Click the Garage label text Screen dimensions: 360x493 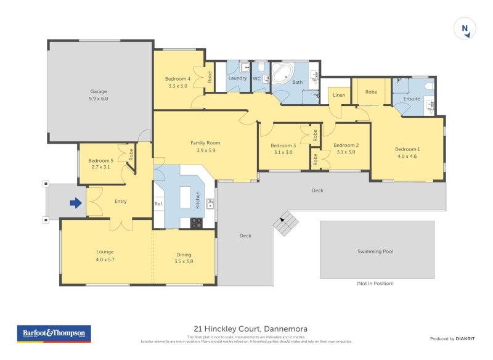pyautogui.click(x=99, y=91)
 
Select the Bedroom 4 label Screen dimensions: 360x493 pyautogui.click(x=177, y=79)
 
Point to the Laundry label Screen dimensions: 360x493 pyautogui.click(x=237, y=78)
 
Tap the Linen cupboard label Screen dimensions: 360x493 pyautogui.click(x=338, y=95)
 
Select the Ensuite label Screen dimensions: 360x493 pyautogui.click(x=411, y=99)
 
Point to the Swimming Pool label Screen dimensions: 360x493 pyautogui.click(x=375, y=252)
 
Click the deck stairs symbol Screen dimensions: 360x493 pyautogui.click(x=285, y=223)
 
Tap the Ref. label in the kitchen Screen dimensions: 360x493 pyautogui.click(x=158, y=204)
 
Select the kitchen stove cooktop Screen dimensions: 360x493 pyautogui.click(x=197, y=223)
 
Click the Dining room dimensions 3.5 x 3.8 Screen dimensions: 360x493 pyautogui.click(x=184, y=261)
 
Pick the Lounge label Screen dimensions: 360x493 pyautogui.click(x=105, y=252)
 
